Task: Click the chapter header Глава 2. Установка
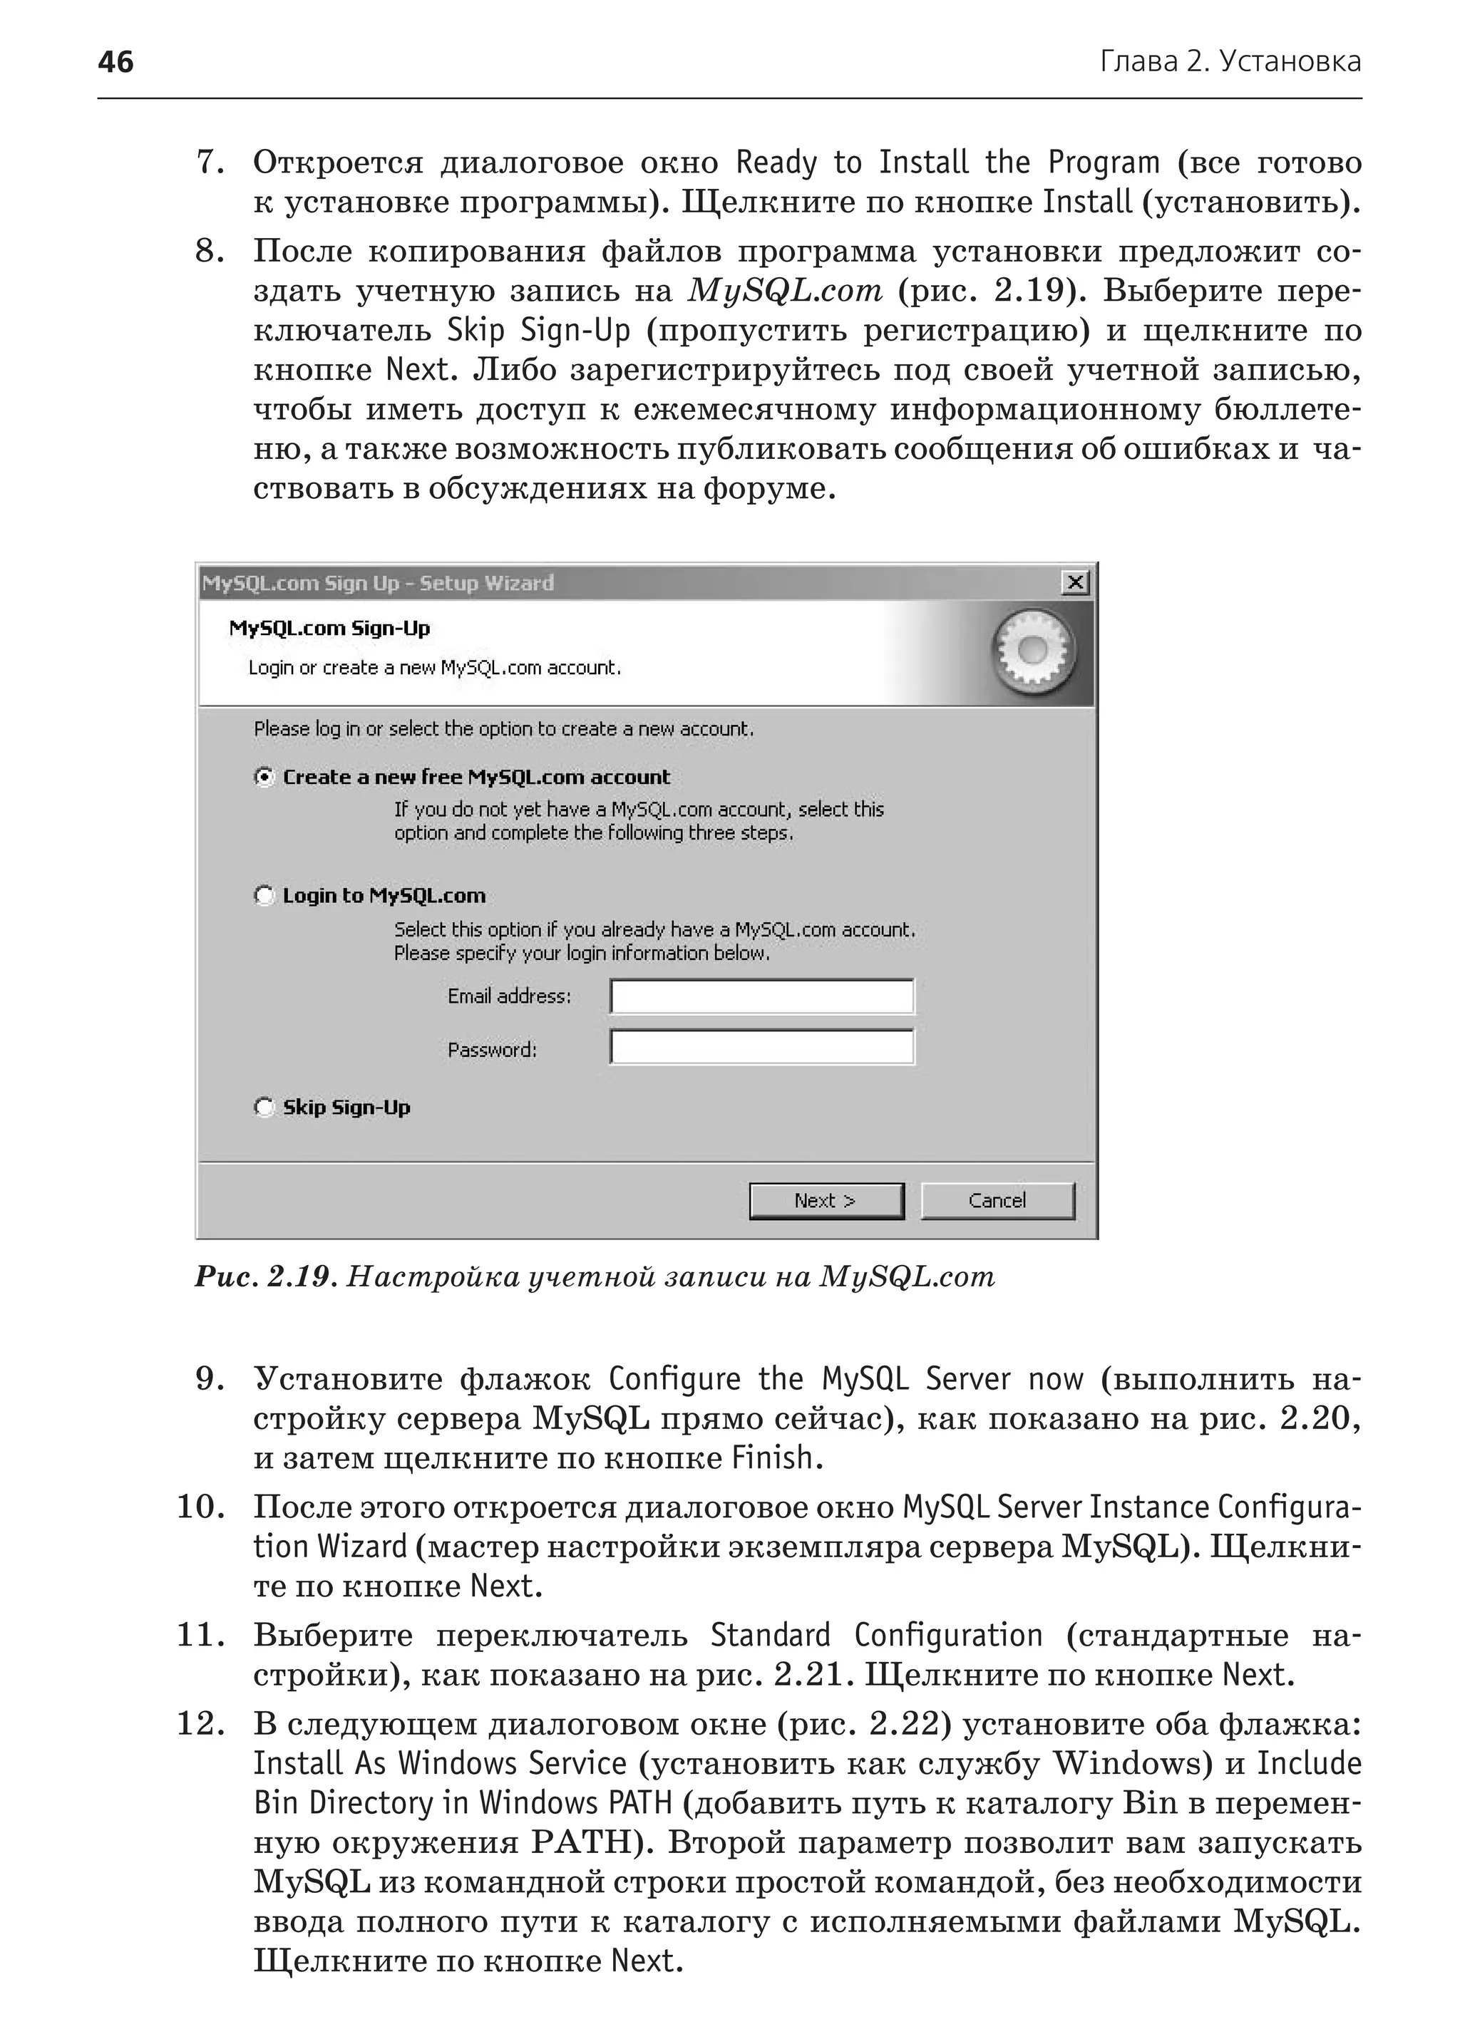pyautogui.click(x=1230, y=62)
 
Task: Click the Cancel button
pyautogui.click(x=997, y=1201)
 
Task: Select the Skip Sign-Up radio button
pyautogui.click(x=263, y=1108)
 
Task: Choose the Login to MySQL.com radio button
pyautogui.click(x=263, y=895)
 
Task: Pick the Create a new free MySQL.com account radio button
pyautogui.click(x=263, y=777)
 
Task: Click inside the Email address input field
pyautogui.click(x=761, y=996)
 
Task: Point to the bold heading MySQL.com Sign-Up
pyautogui.click(x=329, y=629)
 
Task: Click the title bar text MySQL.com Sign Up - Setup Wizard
pyautogui.click(x=378, y=584)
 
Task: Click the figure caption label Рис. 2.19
pyautogui.click(x=265, y=1277)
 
